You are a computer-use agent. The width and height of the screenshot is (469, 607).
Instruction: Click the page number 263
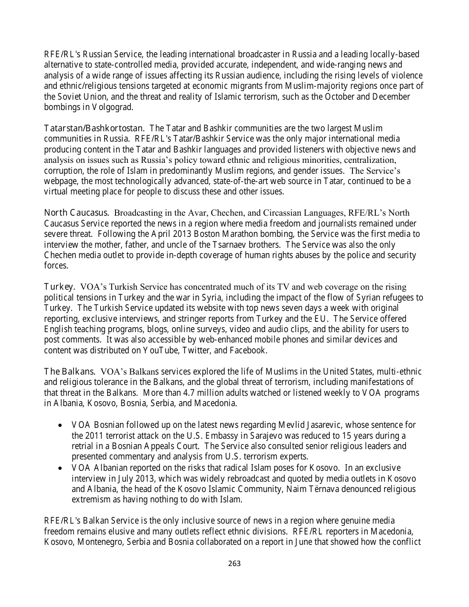click(234, 564)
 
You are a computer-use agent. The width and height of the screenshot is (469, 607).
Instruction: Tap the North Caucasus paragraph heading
click(77, 213)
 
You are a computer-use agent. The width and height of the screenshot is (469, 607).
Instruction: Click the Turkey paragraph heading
click(60, 286)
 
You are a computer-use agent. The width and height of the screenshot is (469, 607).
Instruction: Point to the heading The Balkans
click(70, 371)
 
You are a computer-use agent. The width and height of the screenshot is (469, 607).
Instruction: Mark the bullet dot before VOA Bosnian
click(60, 425)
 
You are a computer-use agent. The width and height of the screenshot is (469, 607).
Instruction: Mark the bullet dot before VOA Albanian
click(60, 468)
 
